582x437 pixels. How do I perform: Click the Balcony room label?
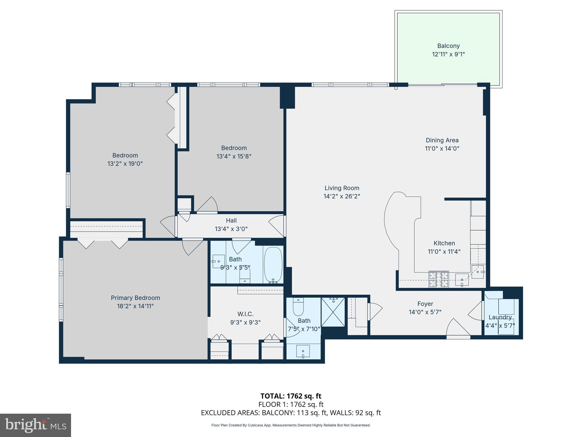point(448,46)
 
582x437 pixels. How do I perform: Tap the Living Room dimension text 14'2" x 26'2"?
point(342,196)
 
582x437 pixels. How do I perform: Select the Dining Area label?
point(442,140)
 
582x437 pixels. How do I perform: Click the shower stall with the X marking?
point(333,312)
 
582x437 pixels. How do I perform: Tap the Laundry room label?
point(500,317)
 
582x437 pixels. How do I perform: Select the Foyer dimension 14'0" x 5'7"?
point(425,312)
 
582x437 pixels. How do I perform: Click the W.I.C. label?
point(245,314)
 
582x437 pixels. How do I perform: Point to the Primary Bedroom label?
point(135,298)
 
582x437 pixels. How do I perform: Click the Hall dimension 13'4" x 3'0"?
point(231,229)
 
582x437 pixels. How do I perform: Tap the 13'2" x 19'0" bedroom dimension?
point(125,164)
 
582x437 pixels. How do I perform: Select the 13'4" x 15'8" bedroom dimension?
point(234,156)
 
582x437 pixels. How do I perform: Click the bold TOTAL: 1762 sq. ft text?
point(291,396)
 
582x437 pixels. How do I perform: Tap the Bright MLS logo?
point(35,425)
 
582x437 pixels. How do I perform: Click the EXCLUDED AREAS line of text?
point(291,413)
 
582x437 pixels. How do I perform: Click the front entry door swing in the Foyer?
point(458,328)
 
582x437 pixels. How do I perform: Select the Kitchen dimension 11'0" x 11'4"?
point(444,252)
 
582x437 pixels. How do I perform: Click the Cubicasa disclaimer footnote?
point(291,425)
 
